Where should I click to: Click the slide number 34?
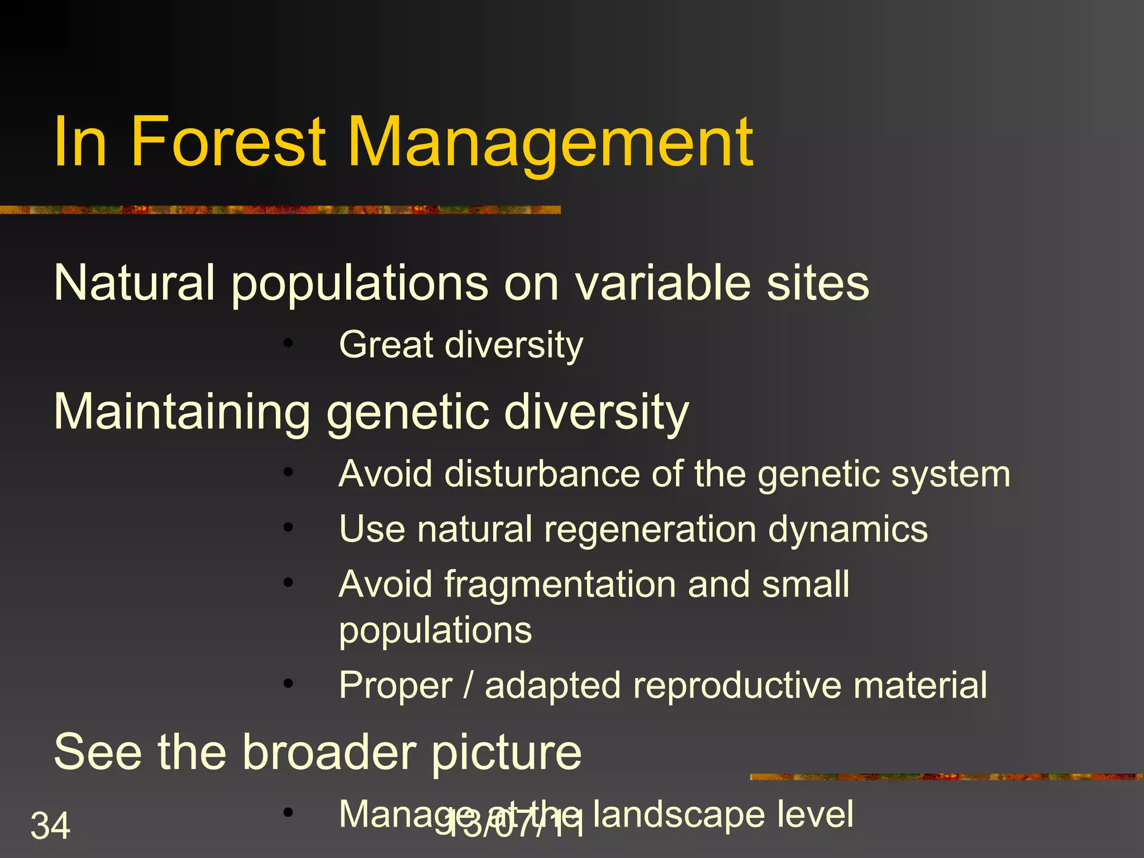tap(50, 826)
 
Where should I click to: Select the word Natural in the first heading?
tap(134, 283)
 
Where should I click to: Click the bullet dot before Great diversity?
tap(288, 343)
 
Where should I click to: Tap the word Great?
tap(386, 344)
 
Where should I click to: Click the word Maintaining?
tap(182, 412)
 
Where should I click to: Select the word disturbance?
tap(541, 474)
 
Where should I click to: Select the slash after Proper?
tap(469, 685)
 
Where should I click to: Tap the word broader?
tap(330, 752)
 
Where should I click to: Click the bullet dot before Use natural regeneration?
tap(288, 527)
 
